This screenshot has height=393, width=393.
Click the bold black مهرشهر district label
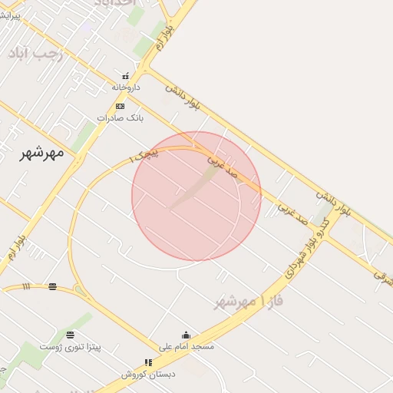pos(41,153)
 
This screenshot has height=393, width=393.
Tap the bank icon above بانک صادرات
pos(120,106)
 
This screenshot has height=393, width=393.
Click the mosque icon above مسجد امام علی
pos(185,335)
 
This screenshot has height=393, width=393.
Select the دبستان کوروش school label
pos(148,374)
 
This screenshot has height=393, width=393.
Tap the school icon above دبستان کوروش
pos(148,362)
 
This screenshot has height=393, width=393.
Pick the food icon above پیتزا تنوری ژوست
pos(71,335)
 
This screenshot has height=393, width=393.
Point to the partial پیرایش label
pos(9,15)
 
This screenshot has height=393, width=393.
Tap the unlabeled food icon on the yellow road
pos(52,287)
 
